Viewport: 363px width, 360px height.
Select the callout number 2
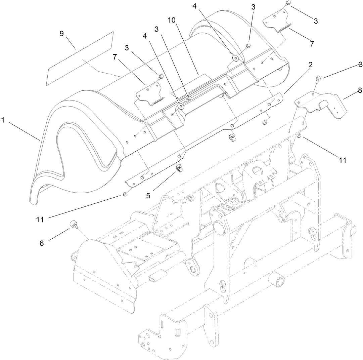pyautogui.click(x=311, y=65)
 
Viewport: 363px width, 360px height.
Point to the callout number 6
pyautogui.click(x=42, y=243)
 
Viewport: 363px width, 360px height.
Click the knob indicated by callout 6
pyautogui.click(x=73, y=224)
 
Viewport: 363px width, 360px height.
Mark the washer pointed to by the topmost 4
pyautogui.click(x=236, y=58)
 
